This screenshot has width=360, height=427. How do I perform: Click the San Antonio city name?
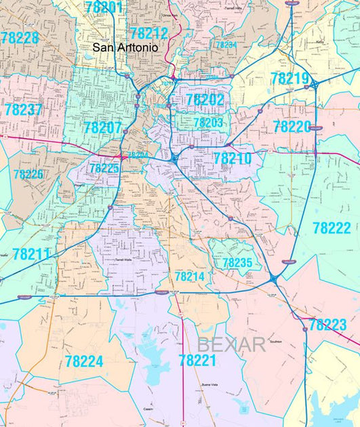click(125, 49)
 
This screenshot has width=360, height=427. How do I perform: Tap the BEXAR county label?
click(231, 344)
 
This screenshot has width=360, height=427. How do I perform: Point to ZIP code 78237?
click(23, 109)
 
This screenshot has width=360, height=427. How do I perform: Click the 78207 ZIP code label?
click(102, 127)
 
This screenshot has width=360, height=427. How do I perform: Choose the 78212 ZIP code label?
click(148, 33)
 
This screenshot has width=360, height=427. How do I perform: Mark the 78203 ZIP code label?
click(208, 123)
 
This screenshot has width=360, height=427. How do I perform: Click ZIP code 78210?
click(233, 159)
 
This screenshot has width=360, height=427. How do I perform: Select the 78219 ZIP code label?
click(289, 79)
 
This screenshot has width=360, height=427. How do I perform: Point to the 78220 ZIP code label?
click(292, 126)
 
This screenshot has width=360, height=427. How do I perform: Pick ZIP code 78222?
click(333, 228)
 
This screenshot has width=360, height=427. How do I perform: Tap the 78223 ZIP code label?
click(327, 325)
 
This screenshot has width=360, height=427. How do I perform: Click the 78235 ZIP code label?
click(237, 262)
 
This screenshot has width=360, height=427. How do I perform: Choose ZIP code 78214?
click(189, 277)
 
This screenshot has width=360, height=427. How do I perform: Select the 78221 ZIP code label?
click(198, 360)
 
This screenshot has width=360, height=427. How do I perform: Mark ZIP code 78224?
click(85, 361)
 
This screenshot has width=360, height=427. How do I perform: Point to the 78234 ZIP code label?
click(226, 45)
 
